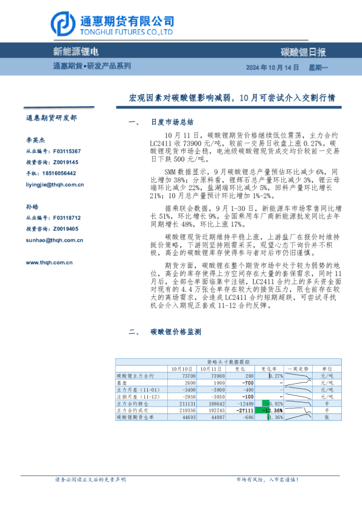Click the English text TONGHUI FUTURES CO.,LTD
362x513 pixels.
click(x=125, y=32)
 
